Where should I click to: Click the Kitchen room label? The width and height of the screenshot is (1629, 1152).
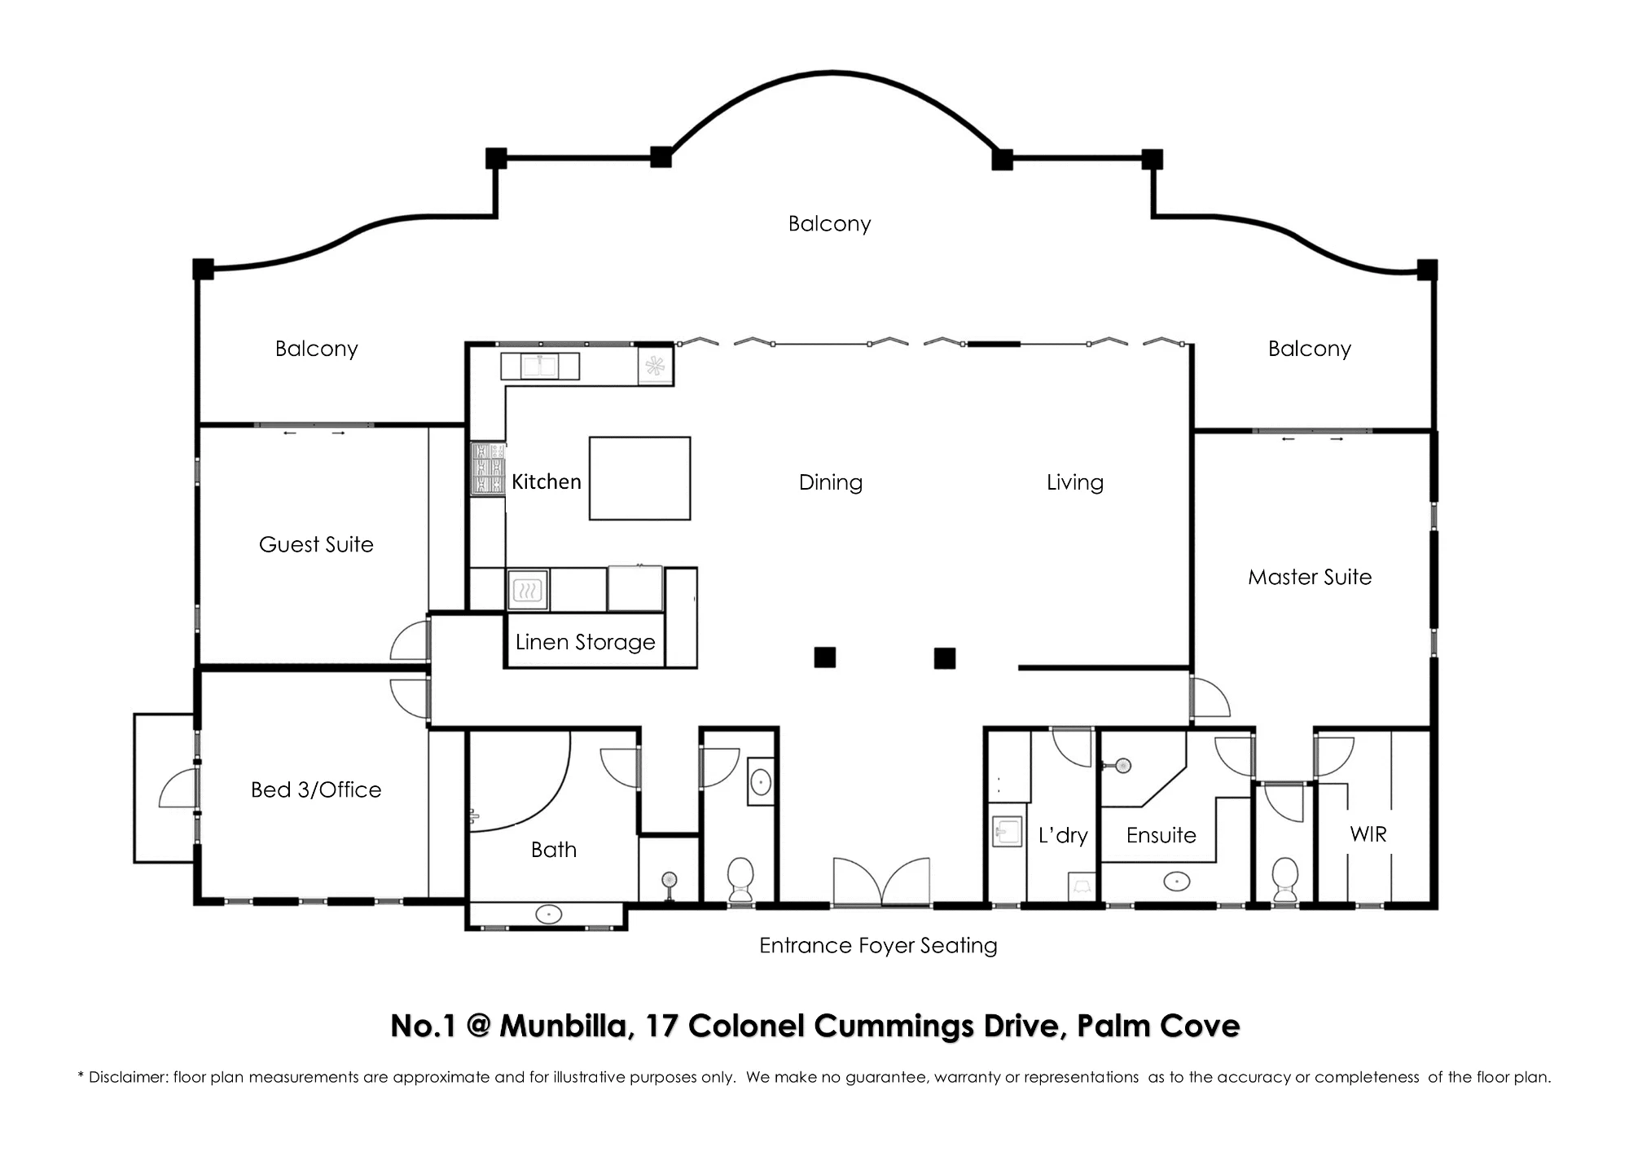tap(547, 481)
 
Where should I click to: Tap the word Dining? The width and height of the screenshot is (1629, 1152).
tap(831, 482)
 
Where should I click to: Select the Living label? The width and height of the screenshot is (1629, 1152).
tap(1075, 482)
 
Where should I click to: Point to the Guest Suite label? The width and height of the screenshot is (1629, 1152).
tap(316, 544)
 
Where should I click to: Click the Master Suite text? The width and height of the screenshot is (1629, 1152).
tap(1310, 577)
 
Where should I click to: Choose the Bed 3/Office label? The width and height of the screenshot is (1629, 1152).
tap(316, 789)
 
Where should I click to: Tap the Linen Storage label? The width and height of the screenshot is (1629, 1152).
tap(586, 642)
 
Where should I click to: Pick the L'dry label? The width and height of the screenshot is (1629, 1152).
tap(1063, 835)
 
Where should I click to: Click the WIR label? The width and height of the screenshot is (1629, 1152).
tap(1368, 834)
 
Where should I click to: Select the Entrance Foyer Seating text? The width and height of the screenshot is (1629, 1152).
tap(878, 945)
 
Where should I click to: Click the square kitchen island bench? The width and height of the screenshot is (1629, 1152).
tap(640, 478)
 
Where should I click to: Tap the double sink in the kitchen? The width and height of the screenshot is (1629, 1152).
tap(539, 366)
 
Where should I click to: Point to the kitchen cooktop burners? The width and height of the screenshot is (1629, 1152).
tap(488, 468)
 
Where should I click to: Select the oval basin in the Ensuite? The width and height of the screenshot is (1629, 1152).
tap(1176, 881)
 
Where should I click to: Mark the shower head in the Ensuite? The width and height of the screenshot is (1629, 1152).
tap(1122, 765)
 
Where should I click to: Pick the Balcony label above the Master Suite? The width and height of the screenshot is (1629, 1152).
tap(1310, 349)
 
